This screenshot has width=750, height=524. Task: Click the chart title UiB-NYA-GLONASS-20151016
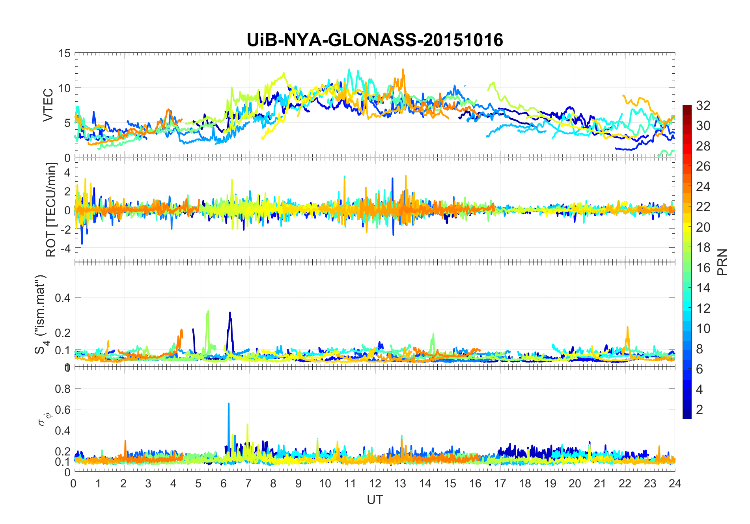pos(375,40)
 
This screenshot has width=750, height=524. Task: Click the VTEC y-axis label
pos(48,105)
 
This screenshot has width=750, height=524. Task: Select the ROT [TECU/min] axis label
pos(51,210)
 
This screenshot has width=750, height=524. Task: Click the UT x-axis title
pos(375,500)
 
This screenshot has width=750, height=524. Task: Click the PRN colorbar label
pos(722,262)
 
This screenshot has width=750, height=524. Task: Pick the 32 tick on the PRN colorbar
pos(703,105)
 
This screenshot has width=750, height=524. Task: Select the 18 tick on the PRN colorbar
pos(703,247)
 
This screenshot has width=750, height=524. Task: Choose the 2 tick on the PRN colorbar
pos(700,409)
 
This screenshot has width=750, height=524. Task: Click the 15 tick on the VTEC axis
pos(65,53)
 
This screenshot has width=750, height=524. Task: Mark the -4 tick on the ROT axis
pos(65,248)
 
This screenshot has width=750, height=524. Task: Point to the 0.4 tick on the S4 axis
pos(62,297)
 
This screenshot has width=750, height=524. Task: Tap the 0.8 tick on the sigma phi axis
pos(62,388)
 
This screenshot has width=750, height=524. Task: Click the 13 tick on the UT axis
pos(400,483)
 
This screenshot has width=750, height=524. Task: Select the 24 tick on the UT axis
pos(675,483)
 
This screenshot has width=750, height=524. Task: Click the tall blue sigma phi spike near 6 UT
pos(229,404)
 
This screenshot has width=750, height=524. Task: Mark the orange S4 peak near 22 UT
pos(627,327)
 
